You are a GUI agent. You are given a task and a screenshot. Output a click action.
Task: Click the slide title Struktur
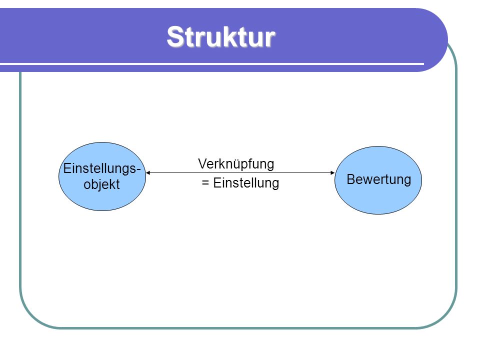tap(221, 36)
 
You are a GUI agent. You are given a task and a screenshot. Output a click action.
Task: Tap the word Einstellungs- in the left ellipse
tap(102, 168)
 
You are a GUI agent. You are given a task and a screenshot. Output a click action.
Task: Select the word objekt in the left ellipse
tap(101, 184)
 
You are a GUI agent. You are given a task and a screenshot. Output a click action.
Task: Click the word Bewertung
tap(378, 179)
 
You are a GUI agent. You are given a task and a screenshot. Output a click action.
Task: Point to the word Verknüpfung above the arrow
tap(236, 164)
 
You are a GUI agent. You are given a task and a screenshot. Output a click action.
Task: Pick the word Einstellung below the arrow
tap(246, 183)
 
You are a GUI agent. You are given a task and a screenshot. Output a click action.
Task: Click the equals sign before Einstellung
tap(205, 183)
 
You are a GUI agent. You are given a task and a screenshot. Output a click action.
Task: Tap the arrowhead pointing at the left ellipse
tap(148, 172)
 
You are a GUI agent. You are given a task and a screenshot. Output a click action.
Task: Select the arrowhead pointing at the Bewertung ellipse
tap(333, 172)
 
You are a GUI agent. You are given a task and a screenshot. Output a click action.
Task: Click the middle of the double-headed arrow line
tap(240, 172)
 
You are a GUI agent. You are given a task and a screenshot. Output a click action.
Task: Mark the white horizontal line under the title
tap(212, 64)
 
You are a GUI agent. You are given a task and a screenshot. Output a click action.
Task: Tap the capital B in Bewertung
tap(351, 179)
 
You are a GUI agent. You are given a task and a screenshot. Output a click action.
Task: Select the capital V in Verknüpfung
tap(203, 164)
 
